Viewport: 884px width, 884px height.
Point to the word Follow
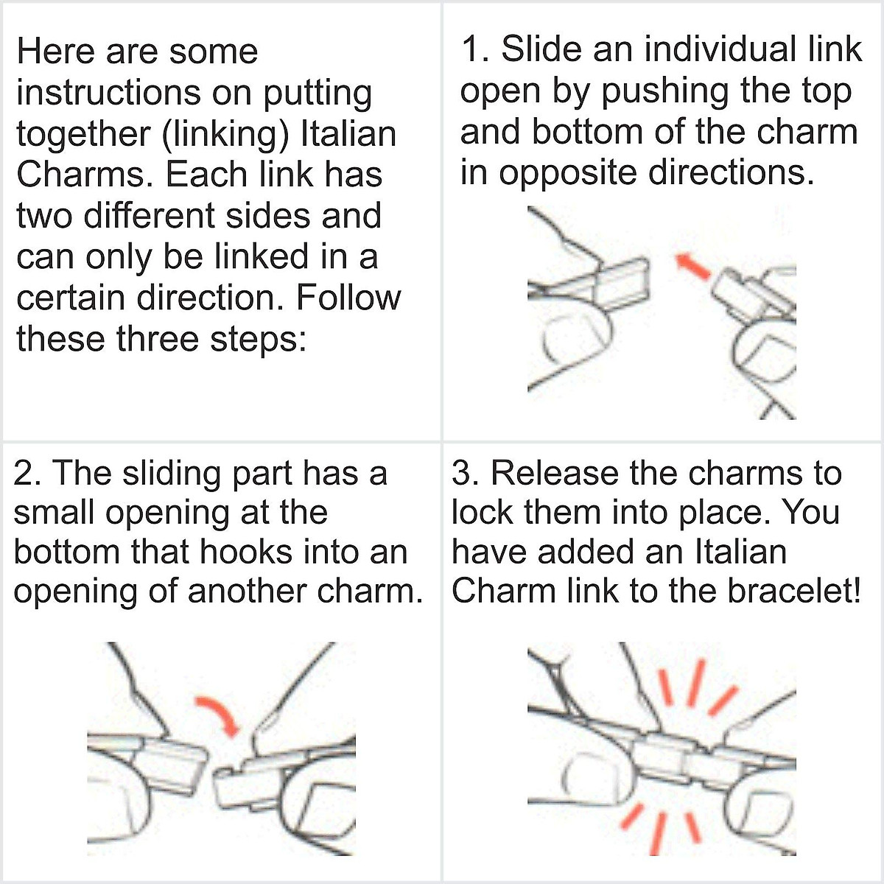(348, 298)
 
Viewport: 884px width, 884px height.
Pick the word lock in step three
(483, 513)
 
